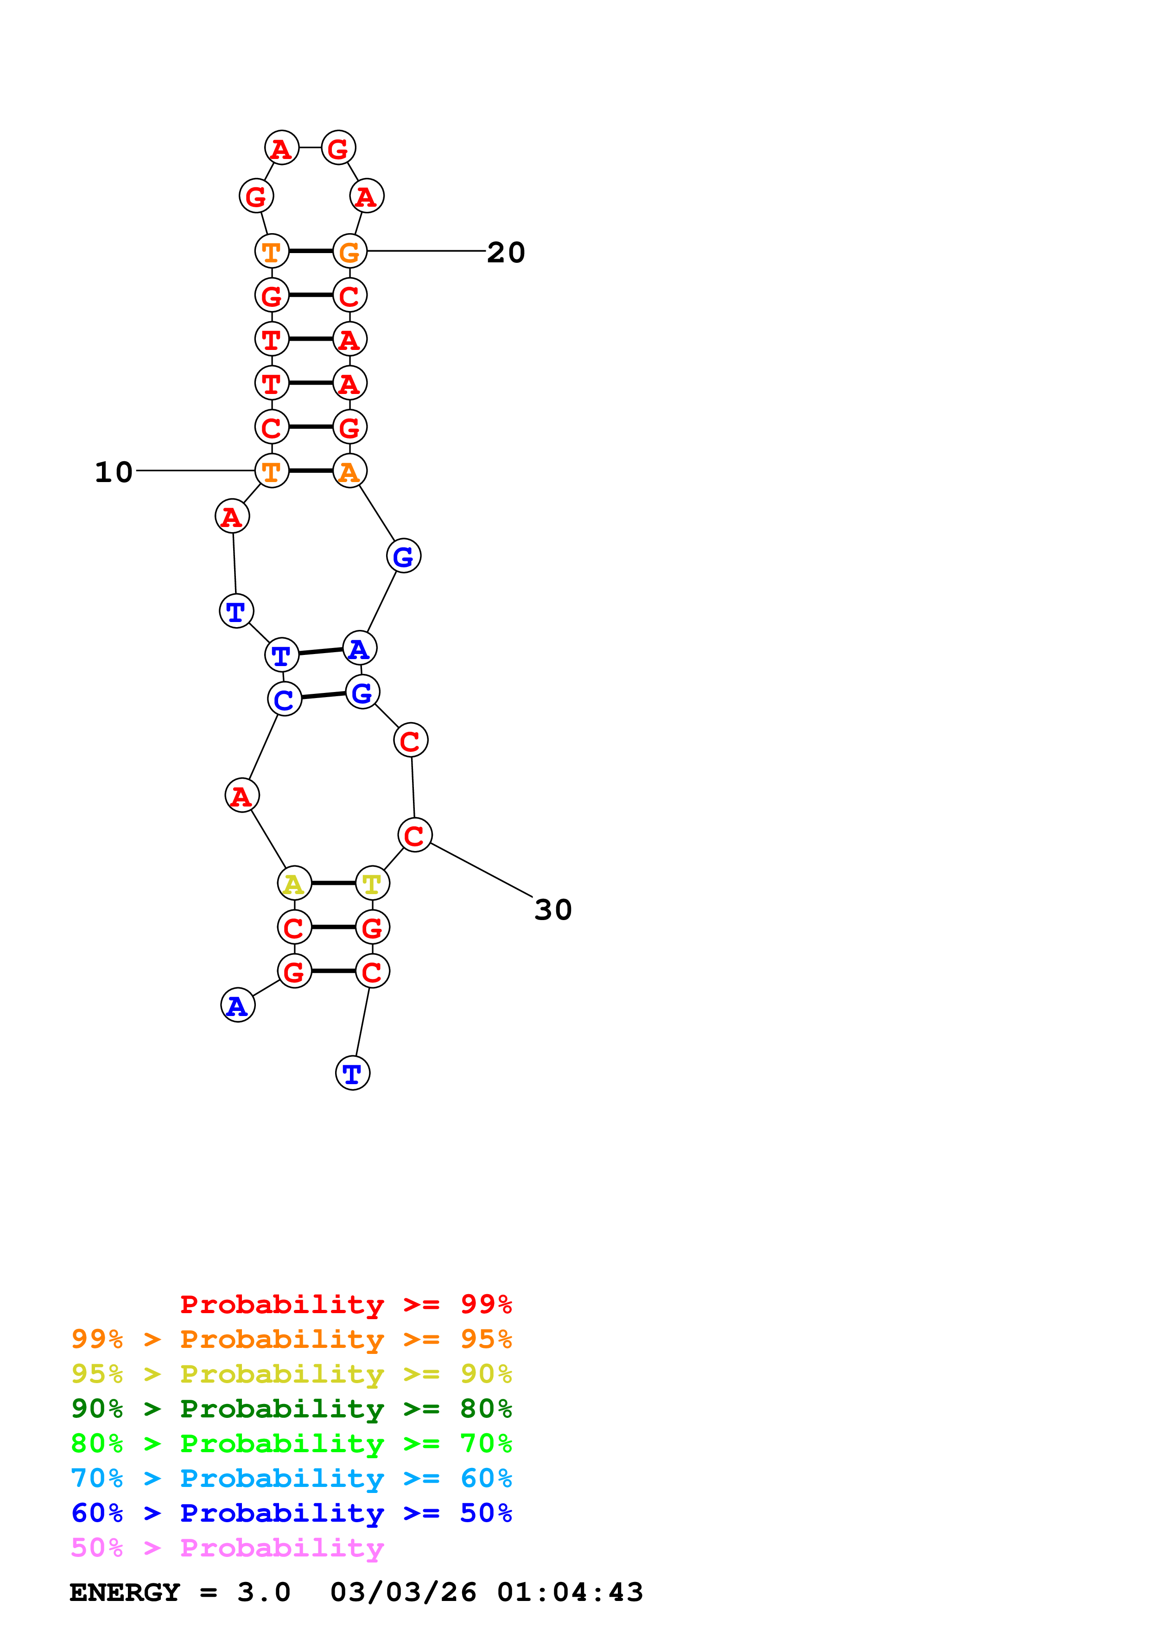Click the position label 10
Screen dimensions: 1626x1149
[x=113, y=472]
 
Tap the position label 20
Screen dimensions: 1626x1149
[x=506, y=253]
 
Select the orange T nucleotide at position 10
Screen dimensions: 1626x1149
[x=272, y=471]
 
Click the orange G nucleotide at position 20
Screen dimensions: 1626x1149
[x=350, y=251]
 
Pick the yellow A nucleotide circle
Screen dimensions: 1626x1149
[x=294, y=883]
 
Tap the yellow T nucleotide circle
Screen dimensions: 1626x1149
[x=372, y=883]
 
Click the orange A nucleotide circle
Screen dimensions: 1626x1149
[x=350, y=471]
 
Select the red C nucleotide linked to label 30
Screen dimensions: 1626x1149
[x=415, y=835]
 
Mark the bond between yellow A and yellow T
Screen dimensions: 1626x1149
[x=333, y=883]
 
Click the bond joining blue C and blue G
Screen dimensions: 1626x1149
[x=324, y=695]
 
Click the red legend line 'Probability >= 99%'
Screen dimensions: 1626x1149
[x=345, y=1304]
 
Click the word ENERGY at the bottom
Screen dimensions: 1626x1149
[x=125, y=1593]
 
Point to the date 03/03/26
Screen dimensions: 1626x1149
[x=403, y=1593]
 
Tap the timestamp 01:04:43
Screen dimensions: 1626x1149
[x=570, y=1593]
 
